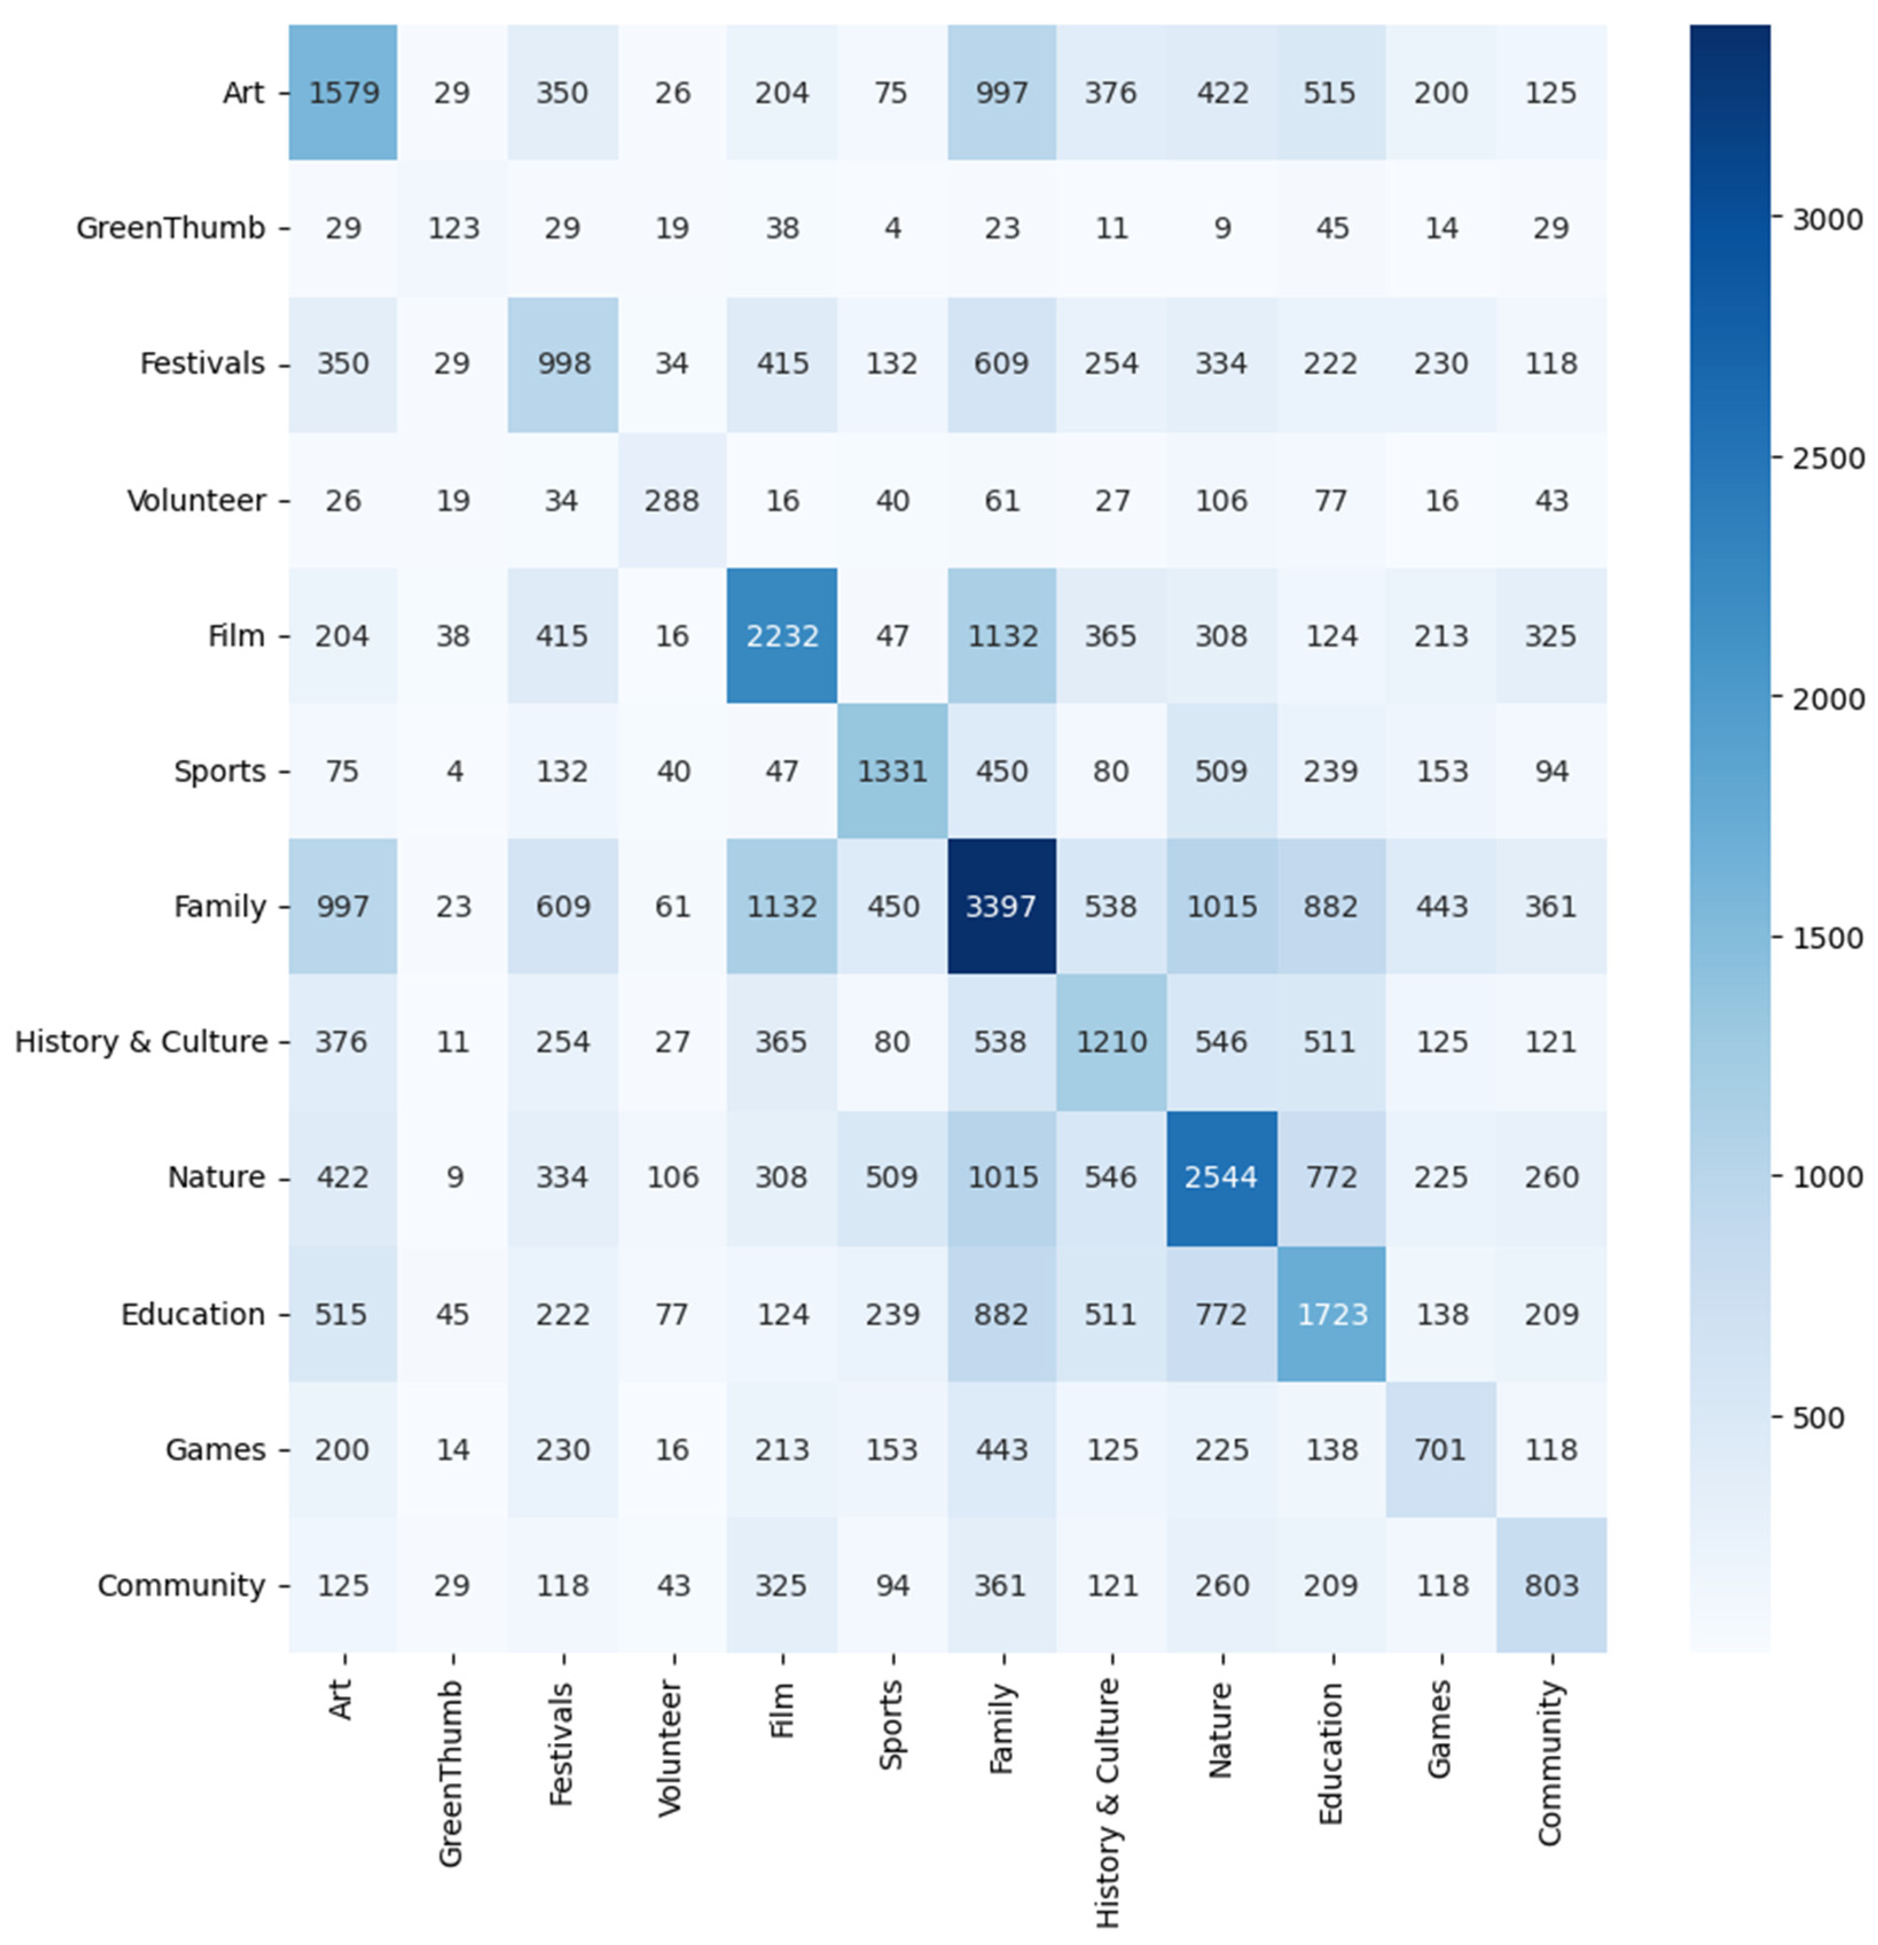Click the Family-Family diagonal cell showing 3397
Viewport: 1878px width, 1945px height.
tap(1001, 906)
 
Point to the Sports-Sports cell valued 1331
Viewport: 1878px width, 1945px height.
tap(892, 771)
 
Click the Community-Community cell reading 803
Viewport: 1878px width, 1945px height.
tap(1551, 1585)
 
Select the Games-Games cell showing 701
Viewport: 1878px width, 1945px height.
tap(1441, 1450)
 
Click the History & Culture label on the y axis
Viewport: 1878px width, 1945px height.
tap(141, 1042)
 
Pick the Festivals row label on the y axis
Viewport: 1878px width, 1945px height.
tap(202, 364)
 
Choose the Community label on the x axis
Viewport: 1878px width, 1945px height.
tap(1550, 1762)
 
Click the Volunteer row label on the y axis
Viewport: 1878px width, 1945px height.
tap(197, 500)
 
